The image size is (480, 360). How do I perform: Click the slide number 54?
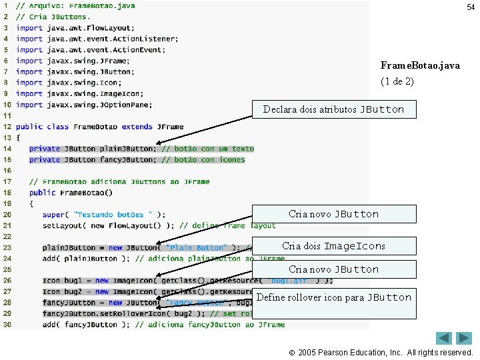click(x=471, y=7)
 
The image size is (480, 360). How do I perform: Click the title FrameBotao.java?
click(x=420, y=65)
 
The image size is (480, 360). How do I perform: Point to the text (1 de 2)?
click(x=397, y=81)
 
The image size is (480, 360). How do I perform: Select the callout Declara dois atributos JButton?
click(x=333, y=109)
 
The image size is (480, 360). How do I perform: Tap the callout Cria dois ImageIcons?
click(x=333, y=246)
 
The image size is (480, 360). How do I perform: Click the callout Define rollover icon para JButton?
click(x=333, y=298)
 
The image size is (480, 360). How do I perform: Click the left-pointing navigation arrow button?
click(x=445, y=338)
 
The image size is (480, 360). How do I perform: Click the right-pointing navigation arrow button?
click(x=464, y=338)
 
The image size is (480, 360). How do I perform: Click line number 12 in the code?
click(x=6, y=127)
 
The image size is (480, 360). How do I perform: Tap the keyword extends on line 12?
click(x=137, y=127)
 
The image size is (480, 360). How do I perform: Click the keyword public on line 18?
click(x=42, y=193)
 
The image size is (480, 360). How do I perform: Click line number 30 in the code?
click(x=6, y=325)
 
